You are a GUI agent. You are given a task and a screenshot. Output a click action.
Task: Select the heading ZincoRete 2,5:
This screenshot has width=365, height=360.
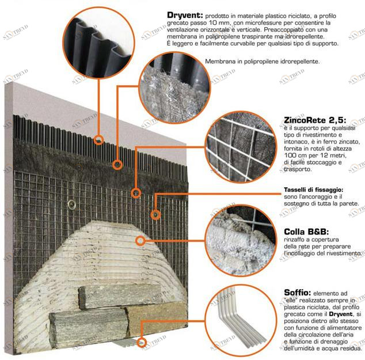pos(314,120)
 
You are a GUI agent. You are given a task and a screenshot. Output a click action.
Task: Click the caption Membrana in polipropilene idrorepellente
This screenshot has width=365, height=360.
pos(263,61)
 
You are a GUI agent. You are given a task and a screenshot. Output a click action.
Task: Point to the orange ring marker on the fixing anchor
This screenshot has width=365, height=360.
pos(155,215)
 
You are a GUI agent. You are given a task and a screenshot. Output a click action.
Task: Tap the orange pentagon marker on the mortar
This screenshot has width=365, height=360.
pos(139,240)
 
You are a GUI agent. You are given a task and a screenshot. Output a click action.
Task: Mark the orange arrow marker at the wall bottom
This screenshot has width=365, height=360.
pos(141,342)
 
